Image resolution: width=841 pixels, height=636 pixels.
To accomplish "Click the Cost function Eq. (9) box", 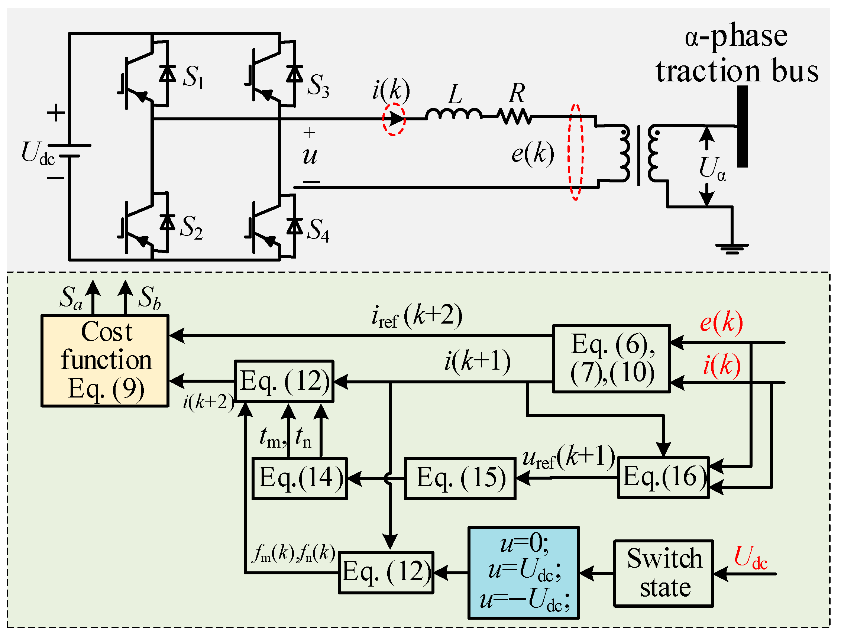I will pyautogui.click(x=104, y=360).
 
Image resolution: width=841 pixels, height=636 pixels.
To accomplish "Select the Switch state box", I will pyautogui.click(x=663, y=573).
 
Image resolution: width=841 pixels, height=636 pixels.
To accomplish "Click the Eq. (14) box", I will pyautogui.click(x=300, y=478).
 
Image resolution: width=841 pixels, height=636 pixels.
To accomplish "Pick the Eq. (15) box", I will pyautogui.click(x=460, y=478).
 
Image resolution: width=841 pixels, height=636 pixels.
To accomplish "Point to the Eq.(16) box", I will pyautogui.click(x=663, y=477).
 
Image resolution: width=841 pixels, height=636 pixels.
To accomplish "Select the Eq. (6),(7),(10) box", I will pyautogui.click(x=611, y=358).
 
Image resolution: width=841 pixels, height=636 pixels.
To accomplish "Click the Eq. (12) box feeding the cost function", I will pyautogui.click(x=284, y=381).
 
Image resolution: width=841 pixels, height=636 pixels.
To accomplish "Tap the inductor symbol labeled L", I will pyautogui.click(x=454, y=114).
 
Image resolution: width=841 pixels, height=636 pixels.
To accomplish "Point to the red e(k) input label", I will pyautogui.click(x=721, y=322).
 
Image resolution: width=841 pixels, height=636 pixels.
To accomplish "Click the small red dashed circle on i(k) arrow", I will pyautogui.click(x=394, y=119).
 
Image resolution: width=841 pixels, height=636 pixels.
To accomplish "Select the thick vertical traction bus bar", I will pyautogui.click(x=742, y=126).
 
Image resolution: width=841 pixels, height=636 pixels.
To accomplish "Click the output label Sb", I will pyautogui.click(x=149, y=297).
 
